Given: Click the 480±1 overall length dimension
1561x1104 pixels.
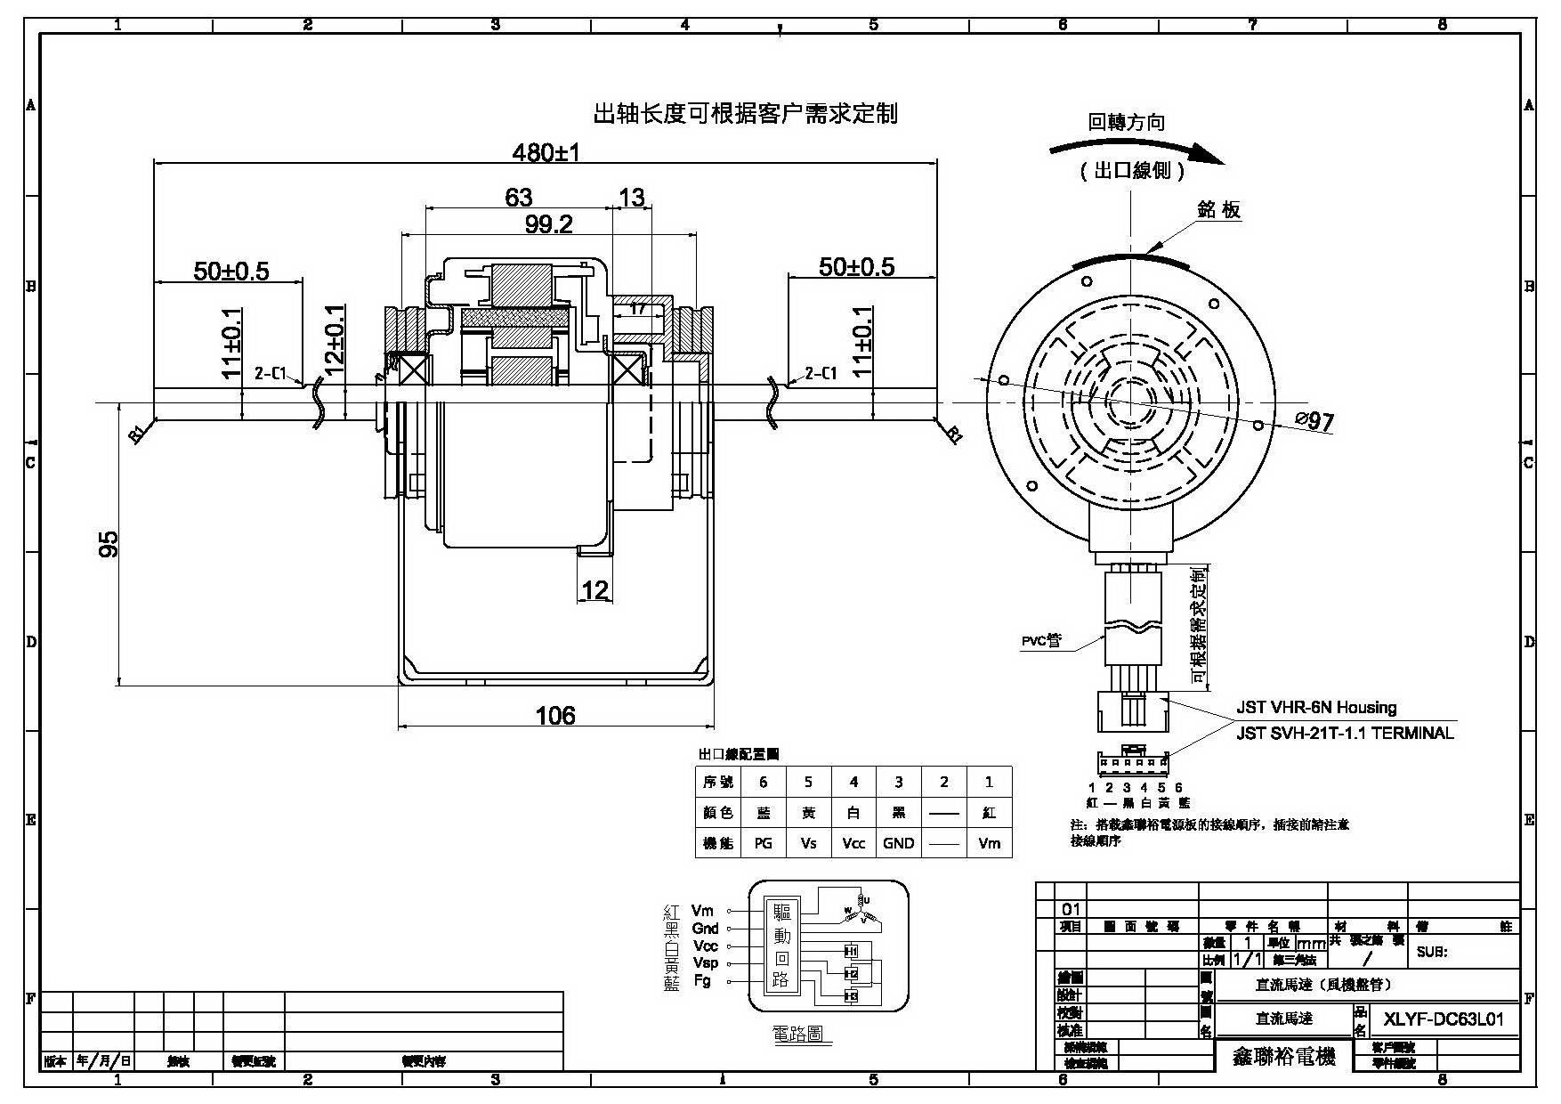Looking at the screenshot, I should tap(546, 152).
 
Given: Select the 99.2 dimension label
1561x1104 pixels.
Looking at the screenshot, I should tap(548, 225).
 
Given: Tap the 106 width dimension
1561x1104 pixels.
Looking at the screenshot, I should tap(555, 715).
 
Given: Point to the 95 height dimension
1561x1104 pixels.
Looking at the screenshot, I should tap(108, 544).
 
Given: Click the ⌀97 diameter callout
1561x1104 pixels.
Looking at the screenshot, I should tap(1314, 421).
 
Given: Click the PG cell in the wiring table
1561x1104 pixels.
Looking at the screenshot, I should tap(763, 843).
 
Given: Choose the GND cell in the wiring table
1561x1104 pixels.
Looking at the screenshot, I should tap(898, 843).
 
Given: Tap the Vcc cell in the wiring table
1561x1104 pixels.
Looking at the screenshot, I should tap(853, 843).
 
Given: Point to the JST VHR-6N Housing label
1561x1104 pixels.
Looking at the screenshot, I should tap(1316, 708).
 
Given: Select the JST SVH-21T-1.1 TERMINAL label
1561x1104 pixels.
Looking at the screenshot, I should tap(1345, 733).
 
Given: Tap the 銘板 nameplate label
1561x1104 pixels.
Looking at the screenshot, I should tap(1218, 210).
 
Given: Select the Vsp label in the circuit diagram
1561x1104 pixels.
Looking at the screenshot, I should tap(705, 963).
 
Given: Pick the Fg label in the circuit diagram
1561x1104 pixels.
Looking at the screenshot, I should tap(702, 981).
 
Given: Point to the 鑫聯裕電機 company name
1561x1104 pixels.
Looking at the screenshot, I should tap(1283, 1057).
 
